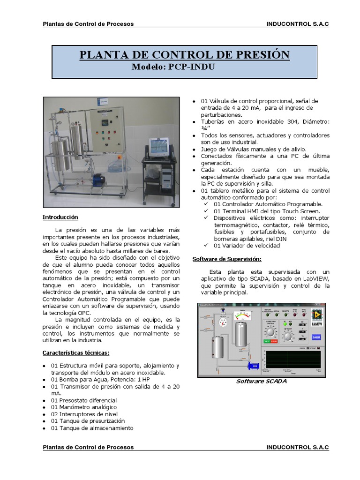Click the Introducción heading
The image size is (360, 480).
60,217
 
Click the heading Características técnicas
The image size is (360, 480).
76,352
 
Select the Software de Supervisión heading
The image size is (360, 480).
227,259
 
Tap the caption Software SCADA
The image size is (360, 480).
261,381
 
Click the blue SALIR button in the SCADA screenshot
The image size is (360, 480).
316,336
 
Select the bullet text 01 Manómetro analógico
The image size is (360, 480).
83,407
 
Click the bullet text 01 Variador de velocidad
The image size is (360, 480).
247,246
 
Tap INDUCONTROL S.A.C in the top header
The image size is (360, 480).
297,24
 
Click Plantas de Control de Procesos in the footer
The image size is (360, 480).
88,447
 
